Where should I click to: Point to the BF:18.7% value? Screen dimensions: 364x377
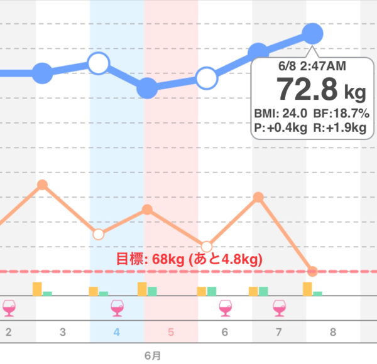coord(341,114)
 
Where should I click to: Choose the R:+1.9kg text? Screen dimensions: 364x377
coord(340,128)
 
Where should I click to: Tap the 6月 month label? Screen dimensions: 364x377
coord(153,355)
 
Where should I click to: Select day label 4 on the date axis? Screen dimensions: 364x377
coord(117,331)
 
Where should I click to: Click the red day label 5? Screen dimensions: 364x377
coord(171,331)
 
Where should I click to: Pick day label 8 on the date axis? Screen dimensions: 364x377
coord(333,331)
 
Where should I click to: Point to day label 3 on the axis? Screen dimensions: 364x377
coord(63,331)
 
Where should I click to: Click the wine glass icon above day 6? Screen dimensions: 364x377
coord(225,307)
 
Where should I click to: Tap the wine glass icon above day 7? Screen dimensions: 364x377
coord(279,307)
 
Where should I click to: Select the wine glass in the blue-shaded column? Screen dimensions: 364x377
coord(117,307)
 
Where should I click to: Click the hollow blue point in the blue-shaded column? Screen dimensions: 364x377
coord(99,63)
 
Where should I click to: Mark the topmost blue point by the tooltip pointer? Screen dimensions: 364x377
coord(313,33)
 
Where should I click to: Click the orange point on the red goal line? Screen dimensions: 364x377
coord(312,272)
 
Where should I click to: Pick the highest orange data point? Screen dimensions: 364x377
coord(42,185)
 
